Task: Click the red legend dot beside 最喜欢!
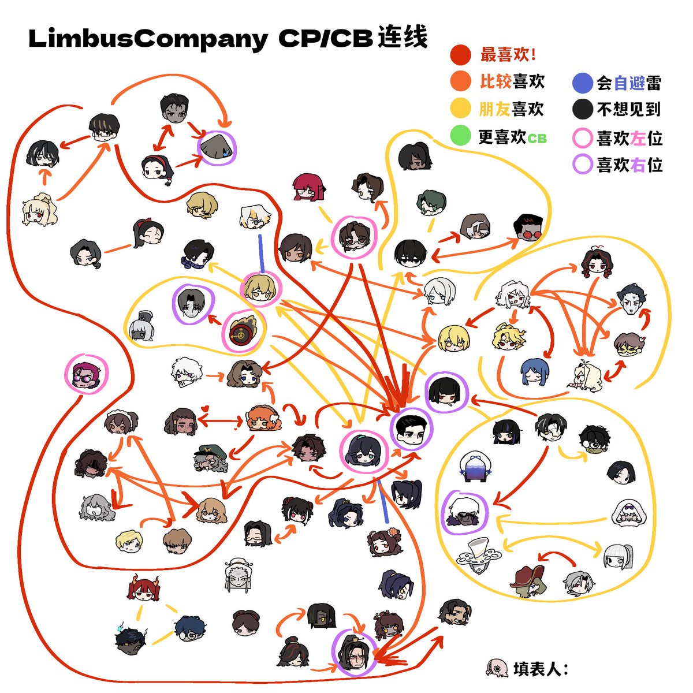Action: click(460, 55)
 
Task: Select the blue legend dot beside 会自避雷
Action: click(582, 83)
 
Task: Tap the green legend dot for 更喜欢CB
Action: click(460, 136)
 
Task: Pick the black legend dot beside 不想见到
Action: click(582, 109)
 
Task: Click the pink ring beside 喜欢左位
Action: click(573, 138)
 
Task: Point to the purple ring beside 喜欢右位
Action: click(573, 165)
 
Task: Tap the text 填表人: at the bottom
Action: click(541, 669)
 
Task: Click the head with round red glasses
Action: click(528, 228)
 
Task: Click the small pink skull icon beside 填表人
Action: click(497, 669)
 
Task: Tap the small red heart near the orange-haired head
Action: click(204, 408)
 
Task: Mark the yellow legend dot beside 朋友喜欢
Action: click(460, 108)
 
